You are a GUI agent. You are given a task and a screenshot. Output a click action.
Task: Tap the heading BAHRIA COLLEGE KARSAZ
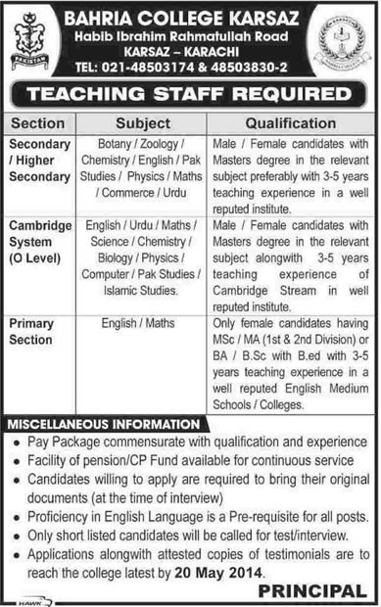189,14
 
